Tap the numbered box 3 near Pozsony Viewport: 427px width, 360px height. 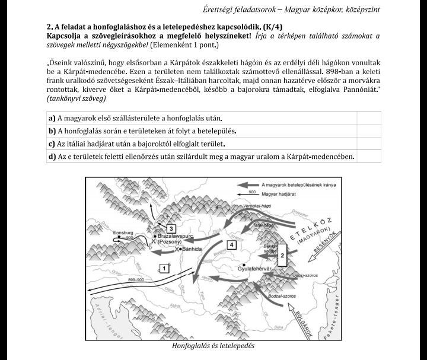(x=171, y=229)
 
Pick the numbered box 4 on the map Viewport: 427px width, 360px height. (x=232, y=244)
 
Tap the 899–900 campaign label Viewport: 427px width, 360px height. (x=137, y=279)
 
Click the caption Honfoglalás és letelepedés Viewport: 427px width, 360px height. (x=213, y=346)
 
